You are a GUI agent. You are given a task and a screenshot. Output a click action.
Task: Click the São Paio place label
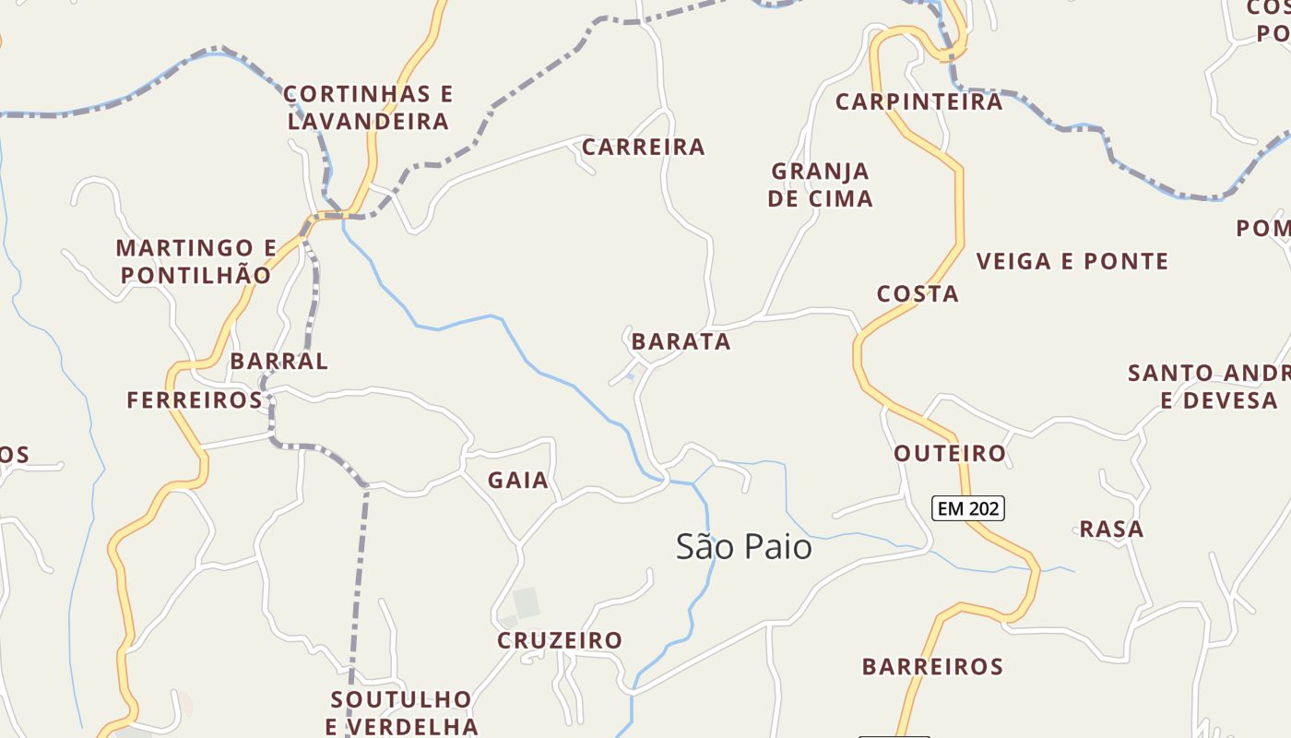coord(744,546)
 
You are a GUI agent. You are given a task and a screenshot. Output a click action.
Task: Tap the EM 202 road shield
coord(967,507)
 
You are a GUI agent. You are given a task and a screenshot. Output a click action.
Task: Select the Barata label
coord(681,341)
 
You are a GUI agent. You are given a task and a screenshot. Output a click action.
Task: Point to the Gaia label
coord(518,480)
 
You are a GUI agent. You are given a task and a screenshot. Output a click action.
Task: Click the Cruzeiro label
coord(560,639)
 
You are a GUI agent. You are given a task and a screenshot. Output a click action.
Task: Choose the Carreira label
coord(644,147)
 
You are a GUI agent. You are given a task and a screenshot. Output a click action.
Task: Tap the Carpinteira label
coord(918,101)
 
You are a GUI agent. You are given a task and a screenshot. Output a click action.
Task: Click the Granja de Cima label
coord(820,184)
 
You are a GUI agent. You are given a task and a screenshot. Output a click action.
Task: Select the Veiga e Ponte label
coord(1072,261)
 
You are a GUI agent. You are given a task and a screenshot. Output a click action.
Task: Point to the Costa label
coord(918,293)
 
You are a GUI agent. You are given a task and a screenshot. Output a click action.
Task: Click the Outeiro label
coord(950,453)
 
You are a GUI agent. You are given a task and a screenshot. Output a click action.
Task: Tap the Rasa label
coord(1111,529)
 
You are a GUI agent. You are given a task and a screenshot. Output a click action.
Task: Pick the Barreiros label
coord(932,666)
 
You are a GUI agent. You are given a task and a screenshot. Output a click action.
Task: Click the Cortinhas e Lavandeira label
coord(368,107)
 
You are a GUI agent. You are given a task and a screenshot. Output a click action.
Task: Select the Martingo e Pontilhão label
coord(196,261)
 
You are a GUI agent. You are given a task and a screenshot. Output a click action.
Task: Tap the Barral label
coord(278,361)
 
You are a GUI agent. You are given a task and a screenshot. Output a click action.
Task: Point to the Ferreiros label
coord(195,399)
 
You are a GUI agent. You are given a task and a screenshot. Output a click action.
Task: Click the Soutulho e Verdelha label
coord(401,712)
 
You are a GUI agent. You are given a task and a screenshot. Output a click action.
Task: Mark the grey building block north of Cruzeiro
coord(527,602)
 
